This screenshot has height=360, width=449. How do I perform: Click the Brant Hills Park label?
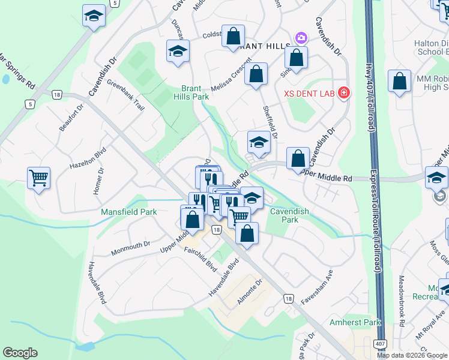pos(191,92)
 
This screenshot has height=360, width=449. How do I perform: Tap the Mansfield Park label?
pos(128,212)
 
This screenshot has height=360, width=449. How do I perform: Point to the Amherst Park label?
pos(355,322)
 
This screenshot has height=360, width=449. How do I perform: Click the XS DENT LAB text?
pos(309,93)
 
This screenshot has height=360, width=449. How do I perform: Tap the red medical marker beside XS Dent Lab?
pos(343,92)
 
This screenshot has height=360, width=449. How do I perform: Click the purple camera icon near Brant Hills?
pos(301,38)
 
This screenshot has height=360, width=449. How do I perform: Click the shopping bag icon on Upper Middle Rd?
pos(298,159)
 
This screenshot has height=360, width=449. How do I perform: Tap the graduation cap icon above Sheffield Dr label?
pos(259,142)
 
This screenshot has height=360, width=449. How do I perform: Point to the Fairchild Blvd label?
pos(200,263)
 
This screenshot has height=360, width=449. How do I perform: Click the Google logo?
pos(20,353)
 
